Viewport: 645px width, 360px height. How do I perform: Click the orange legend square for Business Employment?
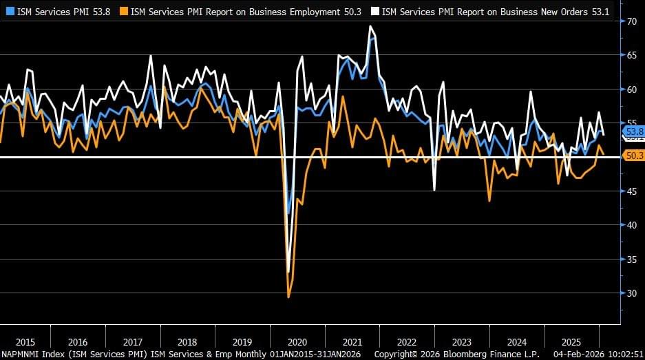click(x=124, y=11)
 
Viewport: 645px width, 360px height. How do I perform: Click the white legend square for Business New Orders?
click(x=375, y=11)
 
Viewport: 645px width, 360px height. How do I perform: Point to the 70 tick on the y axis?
click(x=632, y=21)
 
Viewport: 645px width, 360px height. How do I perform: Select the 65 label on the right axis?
click(x=632, y=55)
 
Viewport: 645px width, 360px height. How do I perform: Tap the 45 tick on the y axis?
click(x=632, y=191)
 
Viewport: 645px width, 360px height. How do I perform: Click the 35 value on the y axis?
click(x=632, y=259)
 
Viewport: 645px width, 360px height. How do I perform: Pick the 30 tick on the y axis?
click(x=632, y=293)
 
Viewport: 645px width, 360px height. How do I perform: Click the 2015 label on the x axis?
click(x=25, y=342)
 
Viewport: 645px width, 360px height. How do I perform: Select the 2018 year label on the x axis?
click(x=187, y=342)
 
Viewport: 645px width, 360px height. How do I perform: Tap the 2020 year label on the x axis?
click(x=296, y=342)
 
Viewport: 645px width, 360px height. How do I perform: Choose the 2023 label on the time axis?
click(x=461, y=342)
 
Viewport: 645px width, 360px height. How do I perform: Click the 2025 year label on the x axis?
click(x=571, y=342)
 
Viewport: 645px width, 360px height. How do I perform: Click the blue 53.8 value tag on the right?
click(x=633, y=131)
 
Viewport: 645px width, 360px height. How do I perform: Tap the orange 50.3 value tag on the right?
click(x=633, y=156)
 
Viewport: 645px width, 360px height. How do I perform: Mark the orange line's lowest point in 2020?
click(x=288, y=297)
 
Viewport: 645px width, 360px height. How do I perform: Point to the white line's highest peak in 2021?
click(x=370, y=26)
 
